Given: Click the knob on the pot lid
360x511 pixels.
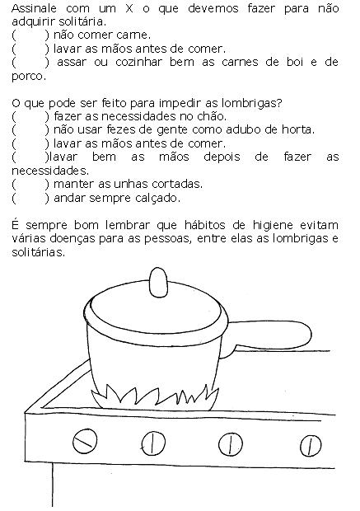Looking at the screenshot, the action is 158,282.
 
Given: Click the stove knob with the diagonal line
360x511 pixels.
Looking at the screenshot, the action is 85,441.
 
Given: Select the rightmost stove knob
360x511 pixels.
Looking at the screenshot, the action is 310,446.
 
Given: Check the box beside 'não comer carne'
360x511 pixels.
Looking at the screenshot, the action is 30,35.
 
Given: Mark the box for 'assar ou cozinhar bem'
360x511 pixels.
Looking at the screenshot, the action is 30,62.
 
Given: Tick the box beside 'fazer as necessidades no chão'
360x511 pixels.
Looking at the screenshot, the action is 30,116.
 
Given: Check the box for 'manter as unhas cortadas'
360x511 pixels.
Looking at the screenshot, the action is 30,184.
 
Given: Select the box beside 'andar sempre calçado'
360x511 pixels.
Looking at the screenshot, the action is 30,198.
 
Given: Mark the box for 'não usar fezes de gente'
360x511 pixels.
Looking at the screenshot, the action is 30,129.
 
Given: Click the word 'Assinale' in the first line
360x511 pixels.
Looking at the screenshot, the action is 35,8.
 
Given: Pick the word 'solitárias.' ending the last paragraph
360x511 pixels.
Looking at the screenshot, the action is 39,252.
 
